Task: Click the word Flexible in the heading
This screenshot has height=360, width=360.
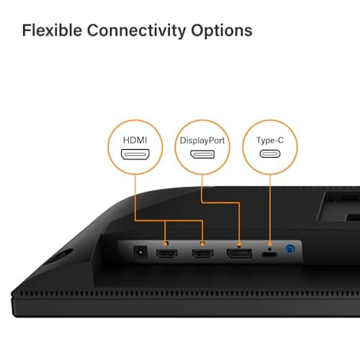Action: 52,30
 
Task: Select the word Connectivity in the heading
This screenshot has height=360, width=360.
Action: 136,32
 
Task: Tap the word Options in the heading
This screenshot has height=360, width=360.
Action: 222,32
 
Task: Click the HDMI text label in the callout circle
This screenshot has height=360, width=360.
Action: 135,140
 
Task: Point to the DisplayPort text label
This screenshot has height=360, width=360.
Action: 202,140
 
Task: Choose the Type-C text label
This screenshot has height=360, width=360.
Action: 270,140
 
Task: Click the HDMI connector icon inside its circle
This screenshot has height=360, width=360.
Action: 135,154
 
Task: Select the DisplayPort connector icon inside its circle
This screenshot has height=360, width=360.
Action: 202,154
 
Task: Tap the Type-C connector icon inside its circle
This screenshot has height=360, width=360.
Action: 270,154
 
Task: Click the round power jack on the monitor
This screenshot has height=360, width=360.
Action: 140,252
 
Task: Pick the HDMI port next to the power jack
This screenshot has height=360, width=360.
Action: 167,253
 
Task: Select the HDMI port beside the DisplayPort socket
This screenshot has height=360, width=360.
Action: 202,253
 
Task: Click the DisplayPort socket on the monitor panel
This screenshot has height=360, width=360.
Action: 239,253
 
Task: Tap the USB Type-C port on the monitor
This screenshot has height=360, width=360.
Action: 270,254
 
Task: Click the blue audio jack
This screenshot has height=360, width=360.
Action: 289,249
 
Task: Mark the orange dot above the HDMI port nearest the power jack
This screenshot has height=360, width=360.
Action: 165,244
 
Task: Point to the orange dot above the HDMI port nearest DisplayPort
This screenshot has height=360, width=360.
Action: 202,244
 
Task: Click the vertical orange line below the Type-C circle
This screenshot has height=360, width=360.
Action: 270,208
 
